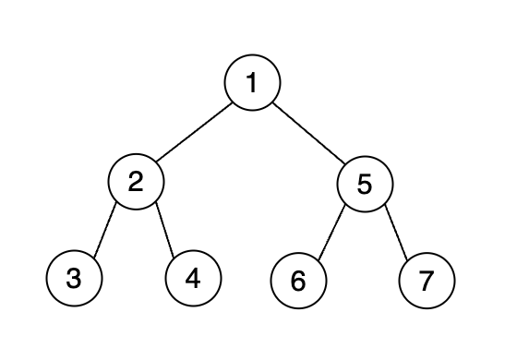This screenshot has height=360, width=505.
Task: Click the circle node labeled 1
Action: (x=252, y=83)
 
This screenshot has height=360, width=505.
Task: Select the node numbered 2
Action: (x=136, y=182)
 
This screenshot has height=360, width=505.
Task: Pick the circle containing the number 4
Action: (x=193, y=278)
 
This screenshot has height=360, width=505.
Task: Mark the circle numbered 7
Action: (x=427, y=280)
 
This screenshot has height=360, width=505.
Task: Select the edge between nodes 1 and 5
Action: (x=307, y=132)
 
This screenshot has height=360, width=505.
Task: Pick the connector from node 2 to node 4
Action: (x=165, y=230)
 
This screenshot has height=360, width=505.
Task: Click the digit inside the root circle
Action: (x=252, y=83)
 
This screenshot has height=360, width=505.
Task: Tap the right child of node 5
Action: (x=427, y=280)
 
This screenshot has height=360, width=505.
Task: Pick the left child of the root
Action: (x=136, y=182)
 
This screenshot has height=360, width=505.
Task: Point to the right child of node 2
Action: (x=193, y=278)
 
